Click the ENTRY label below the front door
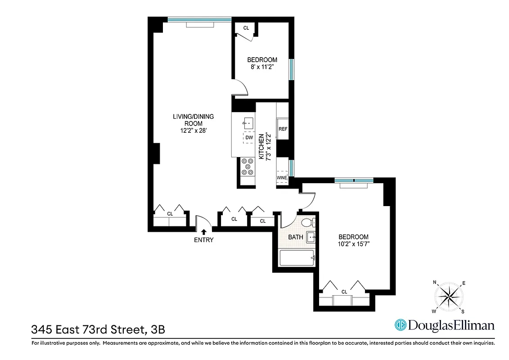click(x=203, y=240)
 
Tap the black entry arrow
click(x=203, y=231)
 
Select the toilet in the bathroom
click(x=308, y=222)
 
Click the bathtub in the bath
click(x=297, y=258)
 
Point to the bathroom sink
click(x=311, y=237)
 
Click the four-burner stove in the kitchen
click(x=247, y=166)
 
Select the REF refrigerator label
click(x=283, y=129)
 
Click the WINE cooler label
click(x=282, y=178)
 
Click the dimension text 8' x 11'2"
click(x=262, y=67)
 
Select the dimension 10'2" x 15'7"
click(x=353, y=244)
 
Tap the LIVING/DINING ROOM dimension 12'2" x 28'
click(x=193, y=131)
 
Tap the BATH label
click(x=296, y=237)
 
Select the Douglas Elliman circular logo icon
click(x=401, y=325)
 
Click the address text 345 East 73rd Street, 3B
click(x=98, y=329)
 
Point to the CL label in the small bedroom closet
click(x=246, y=28)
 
